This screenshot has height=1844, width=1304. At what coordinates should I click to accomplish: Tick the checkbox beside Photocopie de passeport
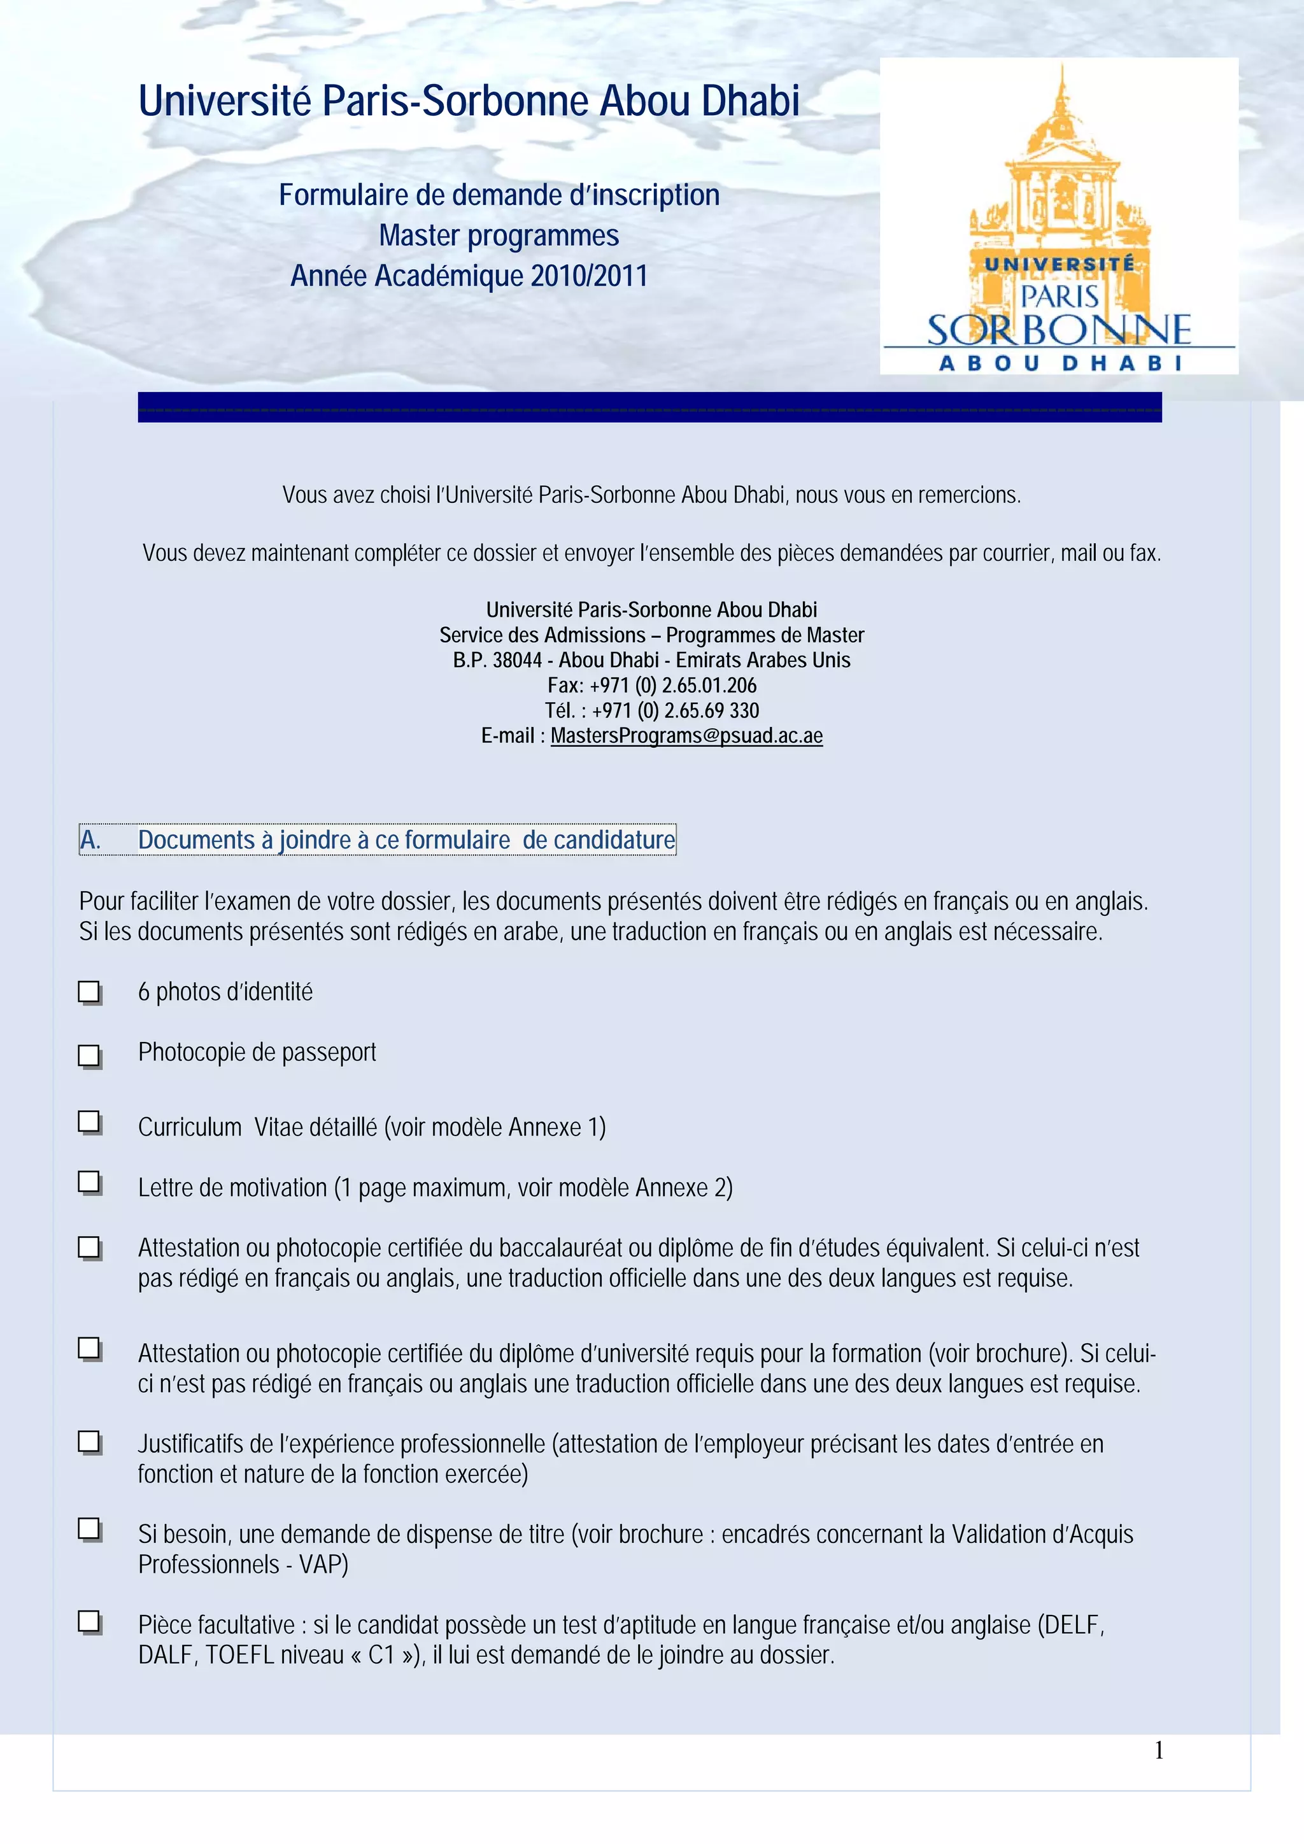[x=89, y=1055]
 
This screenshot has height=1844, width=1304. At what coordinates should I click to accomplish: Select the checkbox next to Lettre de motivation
[x=89, y=1182]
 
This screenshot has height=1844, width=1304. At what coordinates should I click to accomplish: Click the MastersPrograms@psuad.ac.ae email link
[x=686, y=736]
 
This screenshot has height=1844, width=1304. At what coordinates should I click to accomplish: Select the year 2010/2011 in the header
[x=589, y=276]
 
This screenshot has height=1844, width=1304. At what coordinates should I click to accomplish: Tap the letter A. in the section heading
[x=90, y=840]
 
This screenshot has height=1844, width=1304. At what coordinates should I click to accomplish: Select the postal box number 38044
[x=516, y=660]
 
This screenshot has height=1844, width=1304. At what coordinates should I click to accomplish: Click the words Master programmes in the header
[x=499, y=236]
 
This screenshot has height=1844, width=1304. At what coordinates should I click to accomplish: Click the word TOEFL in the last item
[x=240, y=1655]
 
